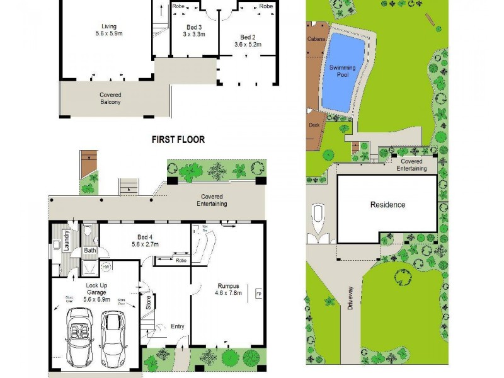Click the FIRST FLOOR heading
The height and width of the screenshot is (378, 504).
[x=178, y=139]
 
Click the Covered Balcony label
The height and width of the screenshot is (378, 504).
[x=110, y=98]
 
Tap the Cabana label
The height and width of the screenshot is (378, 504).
[x=316, y=39]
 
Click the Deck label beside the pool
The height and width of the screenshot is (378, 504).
[x=314, y=125]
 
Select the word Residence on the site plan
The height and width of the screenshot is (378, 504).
[x=387, y=205]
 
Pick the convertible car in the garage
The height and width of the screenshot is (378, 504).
[x=80, y=345]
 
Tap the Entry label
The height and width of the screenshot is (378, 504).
[x=178, y=326]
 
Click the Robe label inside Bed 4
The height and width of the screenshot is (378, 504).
[x=182, y=260]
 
